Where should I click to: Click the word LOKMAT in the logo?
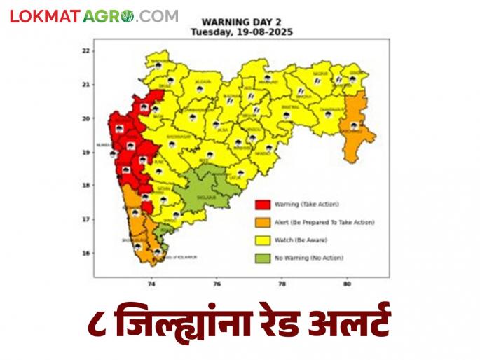[44, 16]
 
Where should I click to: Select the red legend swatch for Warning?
[263, 205]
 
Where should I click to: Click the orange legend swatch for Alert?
[263, 222]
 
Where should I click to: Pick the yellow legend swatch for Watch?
[263, 240]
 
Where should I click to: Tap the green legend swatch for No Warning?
[263, 258]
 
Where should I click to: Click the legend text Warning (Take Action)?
[307, 205]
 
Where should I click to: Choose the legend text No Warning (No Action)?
[309, 258]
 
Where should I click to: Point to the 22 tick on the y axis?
[85, 51]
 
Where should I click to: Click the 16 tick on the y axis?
[85, 254]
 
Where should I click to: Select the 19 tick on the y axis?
[85, 152]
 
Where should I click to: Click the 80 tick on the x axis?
[347, 284]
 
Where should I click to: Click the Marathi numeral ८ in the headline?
[100, 325]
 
